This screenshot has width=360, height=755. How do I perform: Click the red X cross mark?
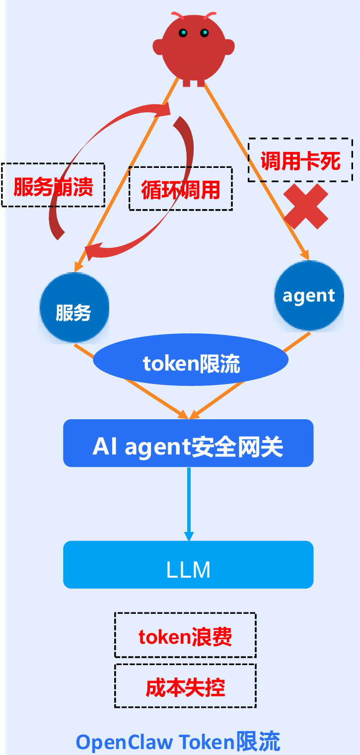point(306,207)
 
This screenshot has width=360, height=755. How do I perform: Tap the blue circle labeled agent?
point(309,296)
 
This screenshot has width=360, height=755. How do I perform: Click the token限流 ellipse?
point(191,363)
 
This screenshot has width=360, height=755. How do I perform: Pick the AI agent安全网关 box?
point(188,444)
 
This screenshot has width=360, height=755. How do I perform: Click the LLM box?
point(188,565)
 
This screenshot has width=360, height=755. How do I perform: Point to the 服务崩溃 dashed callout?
point(53,185)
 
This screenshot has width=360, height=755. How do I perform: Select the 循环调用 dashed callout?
point(180,189)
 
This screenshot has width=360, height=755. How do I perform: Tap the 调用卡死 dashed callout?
point(300,160)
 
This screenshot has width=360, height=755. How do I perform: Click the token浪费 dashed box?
point(185,636)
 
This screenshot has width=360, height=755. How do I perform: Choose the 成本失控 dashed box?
point(185,686)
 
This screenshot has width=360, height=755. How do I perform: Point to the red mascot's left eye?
point(183,33)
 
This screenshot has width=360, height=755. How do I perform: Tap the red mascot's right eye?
point(204,33)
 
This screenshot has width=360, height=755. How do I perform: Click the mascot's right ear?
point(229,47)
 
